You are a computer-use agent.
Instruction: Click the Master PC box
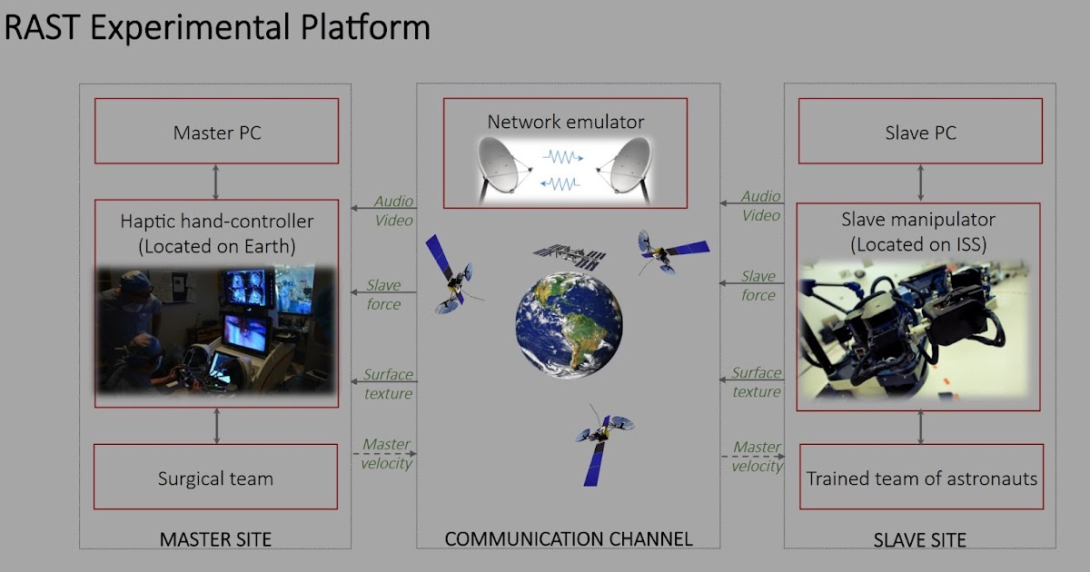pyautogui.click(x=216, y=132)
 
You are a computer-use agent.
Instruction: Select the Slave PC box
pyautogui.click(x=920, y=132)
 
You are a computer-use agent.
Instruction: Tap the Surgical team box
pyautogui.click(x=216, y=478)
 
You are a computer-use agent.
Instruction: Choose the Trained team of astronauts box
pyautogui.click(x=921, y=478)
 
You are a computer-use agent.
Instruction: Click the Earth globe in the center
pyautogui.click(x=569, y=324)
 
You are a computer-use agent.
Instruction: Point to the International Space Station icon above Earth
pyautogui.click(x=569, y=256)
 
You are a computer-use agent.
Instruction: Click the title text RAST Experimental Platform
pyautogui.click(x=217, y=27)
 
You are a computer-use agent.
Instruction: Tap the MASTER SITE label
pyautogui.click(x=215, y=539)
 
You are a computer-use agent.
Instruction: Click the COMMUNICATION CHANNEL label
pyautogui.click(x=569, y=539)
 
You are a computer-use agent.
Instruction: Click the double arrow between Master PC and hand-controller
pyautogui.click(x=216, y=182)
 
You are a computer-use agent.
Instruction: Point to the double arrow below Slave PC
pyautogui.click(x=921, y=182)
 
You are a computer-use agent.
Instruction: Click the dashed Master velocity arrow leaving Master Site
pyautogui.click(x=384, y=453)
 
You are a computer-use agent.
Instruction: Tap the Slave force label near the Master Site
pyautogui.click(x=383, y=295)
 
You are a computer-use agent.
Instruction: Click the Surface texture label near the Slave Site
pyautogui.click(x=757, y=382)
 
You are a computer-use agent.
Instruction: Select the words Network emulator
pyautogui.click(x=565, y=122)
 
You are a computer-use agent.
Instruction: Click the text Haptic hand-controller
pyautogui.click(x=216, y=221)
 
